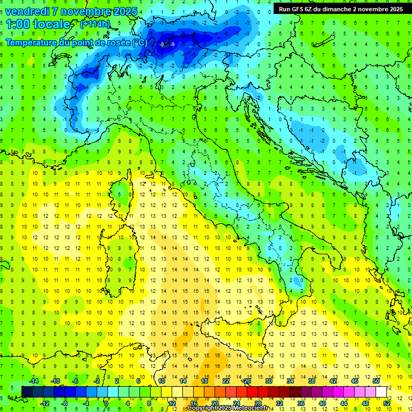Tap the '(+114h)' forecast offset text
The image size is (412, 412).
tap(95, 24)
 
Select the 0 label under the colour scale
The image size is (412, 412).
tap(107, 403)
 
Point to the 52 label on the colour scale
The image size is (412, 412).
tap(387, 403)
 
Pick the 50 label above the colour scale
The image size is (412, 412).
tap(376, 380)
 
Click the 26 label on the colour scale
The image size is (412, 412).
tap(247, 380)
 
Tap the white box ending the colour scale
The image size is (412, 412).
tap(381, 392)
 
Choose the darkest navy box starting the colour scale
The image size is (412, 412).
tap(27, 392)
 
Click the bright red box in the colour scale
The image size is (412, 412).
tap(253, 392)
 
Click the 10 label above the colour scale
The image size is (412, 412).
tap(161, 380)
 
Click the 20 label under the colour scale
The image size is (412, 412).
tap(215, 403)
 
